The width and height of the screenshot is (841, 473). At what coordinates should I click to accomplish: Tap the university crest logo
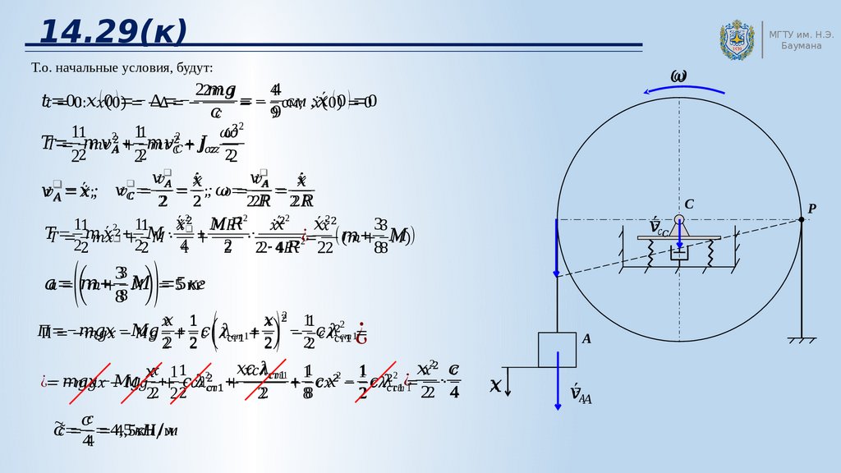pos(737,39)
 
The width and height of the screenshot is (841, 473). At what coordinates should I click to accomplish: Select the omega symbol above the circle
pos(678,76)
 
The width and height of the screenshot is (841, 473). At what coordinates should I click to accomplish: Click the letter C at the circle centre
pos(690,204)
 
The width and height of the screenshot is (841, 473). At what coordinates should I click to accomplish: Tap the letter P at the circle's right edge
pos(811,209)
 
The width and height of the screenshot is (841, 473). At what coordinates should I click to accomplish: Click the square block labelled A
pos(558,349)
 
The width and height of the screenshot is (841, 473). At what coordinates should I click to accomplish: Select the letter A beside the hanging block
pos(586,338)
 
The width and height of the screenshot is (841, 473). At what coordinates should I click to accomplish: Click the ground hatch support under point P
pos(802,338)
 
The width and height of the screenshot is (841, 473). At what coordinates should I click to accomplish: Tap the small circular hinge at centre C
pos(679,220)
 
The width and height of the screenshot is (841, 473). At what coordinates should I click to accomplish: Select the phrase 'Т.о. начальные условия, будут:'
pos(122,67)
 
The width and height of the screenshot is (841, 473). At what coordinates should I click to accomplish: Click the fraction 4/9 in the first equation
pos(275,100)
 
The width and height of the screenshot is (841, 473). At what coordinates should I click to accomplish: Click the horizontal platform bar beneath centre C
pos(679,238)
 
